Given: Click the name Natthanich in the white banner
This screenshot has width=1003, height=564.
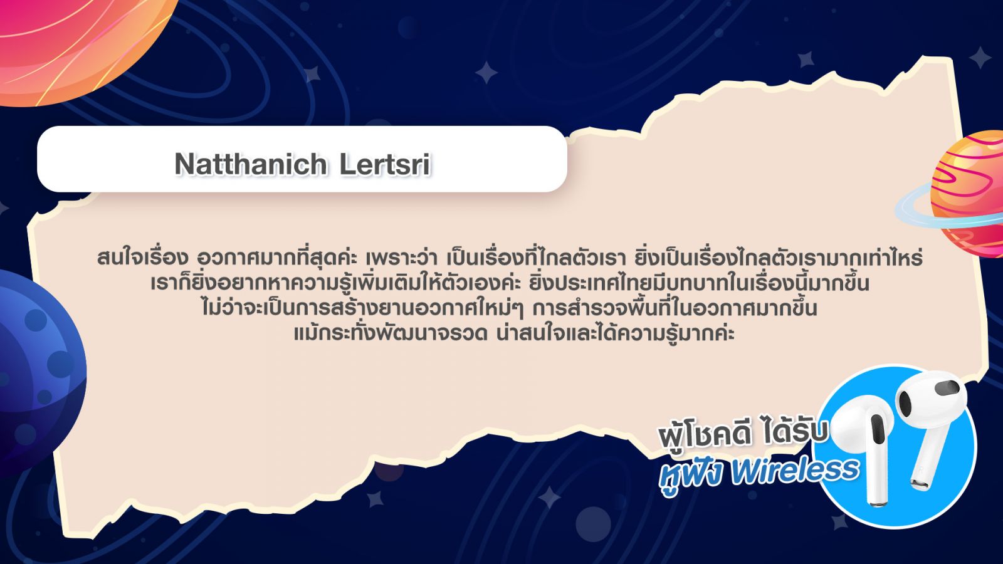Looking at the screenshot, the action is pos(251,164).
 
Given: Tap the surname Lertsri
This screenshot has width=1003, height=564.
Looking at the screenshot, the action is pos(385,164).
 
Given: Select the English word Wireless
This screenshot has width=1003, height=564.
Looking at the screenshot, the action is pos(796,471).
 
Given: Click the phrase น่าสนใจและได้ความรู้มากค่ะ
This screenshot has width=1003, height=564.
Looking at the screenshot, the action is pos(616,333).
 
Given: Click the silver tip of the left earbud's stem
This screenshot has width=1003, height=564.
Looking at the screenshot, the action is pos(878,503).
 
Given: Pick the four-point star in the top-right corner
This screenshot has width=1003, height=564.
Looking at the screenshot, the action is pos(980,58).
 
